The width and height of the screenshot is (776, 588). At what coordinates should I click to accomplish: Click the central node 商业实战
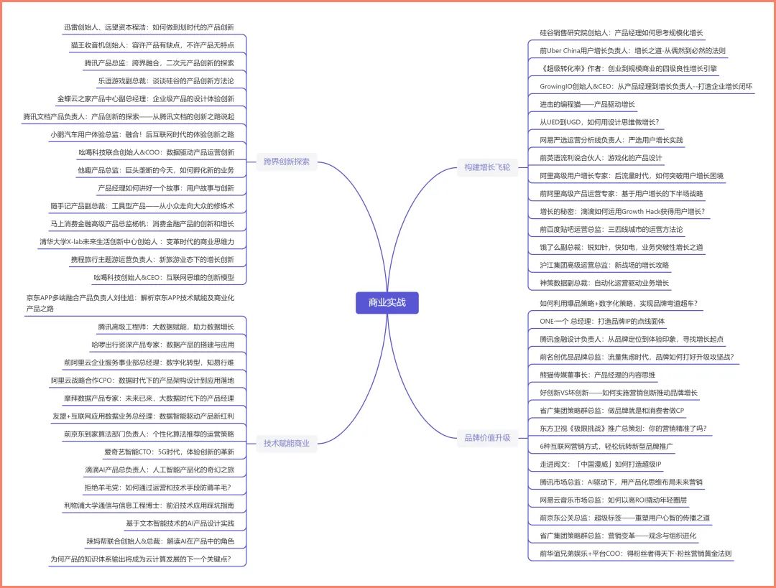tap(387, 302)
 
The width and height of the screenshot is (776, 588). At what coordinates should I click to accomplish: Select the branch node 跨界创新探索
tap(286, 162)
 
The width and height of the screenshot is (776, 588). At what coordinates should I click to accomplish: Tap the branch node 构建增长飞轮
tap(487, 167)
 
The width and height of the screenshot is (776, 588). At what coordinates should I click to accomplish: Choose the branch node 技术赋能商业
tap(286, 443)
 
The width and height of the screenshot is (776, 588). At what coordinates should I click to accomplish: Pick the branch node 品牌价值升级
tap(487, 437)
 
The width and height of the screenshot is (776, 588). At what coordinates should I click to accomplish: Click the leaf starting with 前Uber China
tap(632, 51)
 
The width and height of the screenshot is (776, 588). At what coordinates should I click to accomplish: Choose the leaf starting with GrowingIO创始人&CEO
tap(646, 87)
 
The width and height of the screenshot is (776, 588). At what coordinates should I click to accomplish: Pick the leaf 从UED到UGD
tap(599, 122)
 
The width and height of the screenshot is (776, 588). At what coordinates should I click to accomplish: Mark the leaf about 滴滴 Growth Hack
tap(622, 212)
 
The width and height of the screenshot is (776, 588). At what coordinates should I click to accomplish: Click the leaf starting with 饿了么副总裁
tap(622, 247)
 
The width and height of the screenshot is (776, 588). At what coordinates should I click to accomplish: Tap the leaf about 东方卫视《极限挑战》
tap(623, 429)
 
